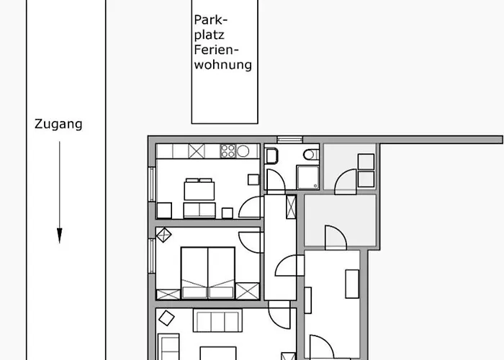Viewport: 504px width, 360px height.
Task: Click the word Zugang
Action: [58, 125]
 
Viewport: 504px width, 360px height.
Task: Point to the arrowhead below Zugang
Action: [60, 235]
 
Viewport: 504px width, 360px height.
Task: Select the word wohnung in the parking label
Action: [222, 65]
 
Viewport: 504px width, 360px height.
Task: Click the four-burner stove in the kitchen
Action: [228, 151]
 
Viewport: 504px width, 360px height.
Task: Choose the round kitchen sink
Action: [243, 151]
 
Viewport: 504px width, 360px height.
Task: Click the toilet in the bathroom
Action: [311, 155]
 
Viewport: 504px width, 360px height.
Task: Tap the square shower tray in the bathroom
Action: [308, 177]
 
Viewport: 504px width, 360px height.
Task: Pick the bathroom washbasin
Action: [271, 156]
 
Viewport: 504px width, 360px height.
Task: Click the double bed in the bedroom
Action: [208, 273]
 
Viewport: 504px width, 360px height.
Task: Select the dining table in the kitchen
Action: [199, 191]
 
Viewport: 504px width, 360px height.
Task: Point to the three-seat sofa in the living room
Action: [217, 320]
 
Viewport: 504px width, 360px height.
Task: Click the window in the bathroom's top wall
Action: [289, 140]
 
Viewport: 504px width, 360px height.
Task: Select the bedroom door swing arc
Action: [249, 243]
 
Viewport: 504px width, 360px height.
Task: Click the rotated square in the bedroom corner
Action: [163, 235]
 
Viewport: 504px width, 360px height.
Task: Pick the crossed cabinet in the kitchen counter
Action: [197, 151]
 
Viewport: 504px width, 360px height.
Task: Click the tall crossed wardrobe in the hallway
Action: [291, 207]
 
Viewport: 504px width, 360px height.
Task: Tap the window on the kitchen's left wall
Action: [152, 184]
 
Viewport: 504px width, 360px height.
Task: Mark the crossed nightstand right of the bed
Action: [248, 291]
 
